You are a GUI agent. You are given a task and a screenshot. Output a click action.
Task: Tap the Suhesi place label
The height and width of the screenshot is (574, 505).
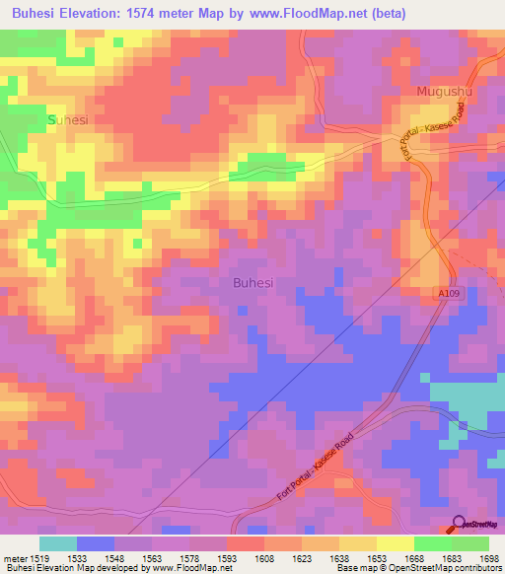pyautogui.click(x=68, y=119)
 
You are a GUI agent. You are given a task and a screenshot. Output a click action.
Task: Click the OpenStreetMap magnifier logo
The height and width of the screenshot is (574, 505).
pyautogui.click(x=460, y=523)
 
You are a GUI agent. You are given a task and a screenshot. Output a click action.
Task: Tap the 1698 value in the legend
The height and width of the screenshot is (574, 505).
pyautogui.click(x=488, y=558)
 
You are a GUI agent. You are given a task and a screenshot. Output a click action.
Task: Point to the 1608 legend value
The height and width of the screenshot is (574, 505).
pyautogui.click(x=264, y=558)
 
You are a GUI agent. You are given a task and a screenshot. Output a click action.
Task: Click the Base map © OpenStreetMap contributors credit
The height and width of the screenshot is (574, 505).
pyautogui.click(x=418, y=568)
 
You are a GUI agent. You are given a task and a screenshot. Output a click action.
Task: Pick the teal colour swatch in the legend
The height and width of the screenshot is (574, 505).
pyautogui.click(x=58, y=543)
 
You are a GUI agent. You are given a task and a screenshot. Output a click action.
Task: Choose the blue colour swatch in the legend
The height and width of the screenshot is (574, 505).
pyautogui.click(x=96, y=543)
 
